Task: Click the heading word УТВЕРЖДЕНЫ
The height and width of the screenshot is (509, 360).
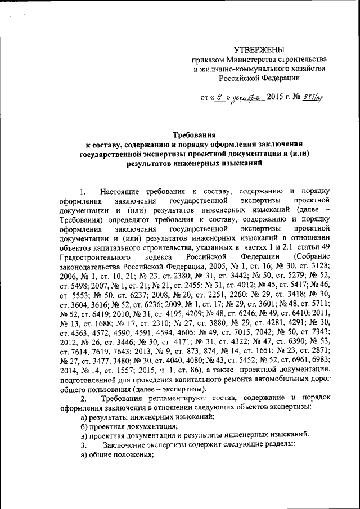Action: [x=259, y=50]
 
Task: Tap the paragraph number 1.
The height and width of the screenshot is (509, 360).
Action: [x=83, y=191]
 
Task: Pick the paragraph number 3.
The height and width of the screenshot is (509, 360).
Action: [x=83, y=445]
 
